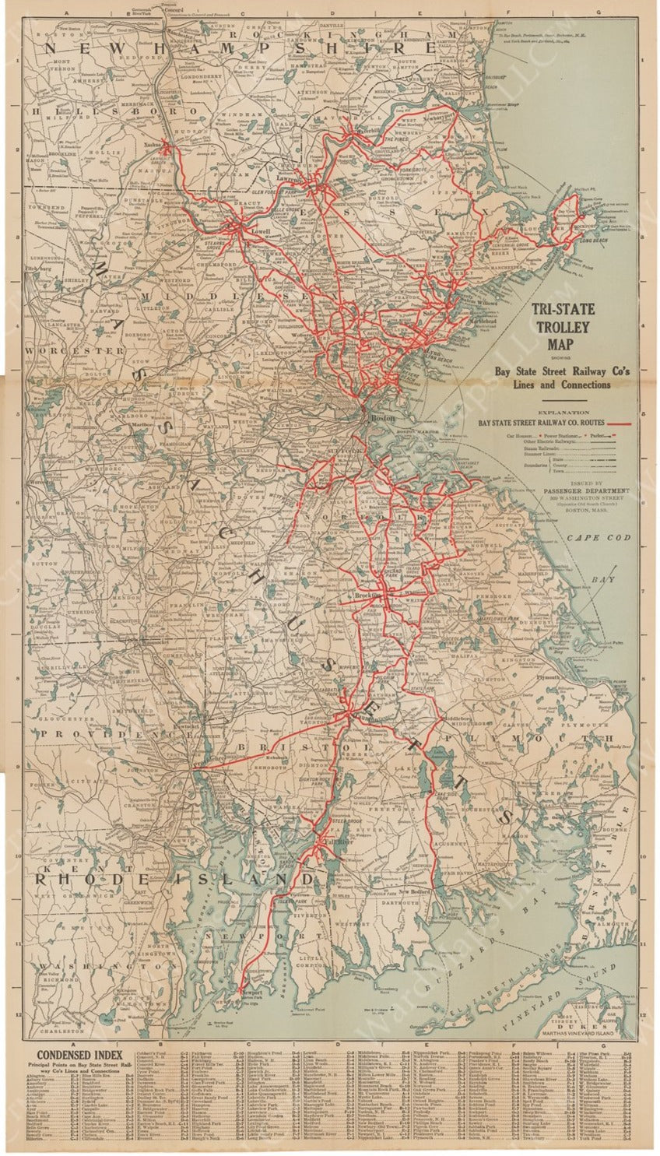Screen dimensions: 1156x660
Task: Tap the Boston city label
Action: pos(381,418)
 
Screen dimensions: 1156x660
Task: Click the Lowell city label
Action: pos(259,231)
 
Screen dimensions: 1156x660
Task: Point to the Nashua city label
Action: pos(152,145)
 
